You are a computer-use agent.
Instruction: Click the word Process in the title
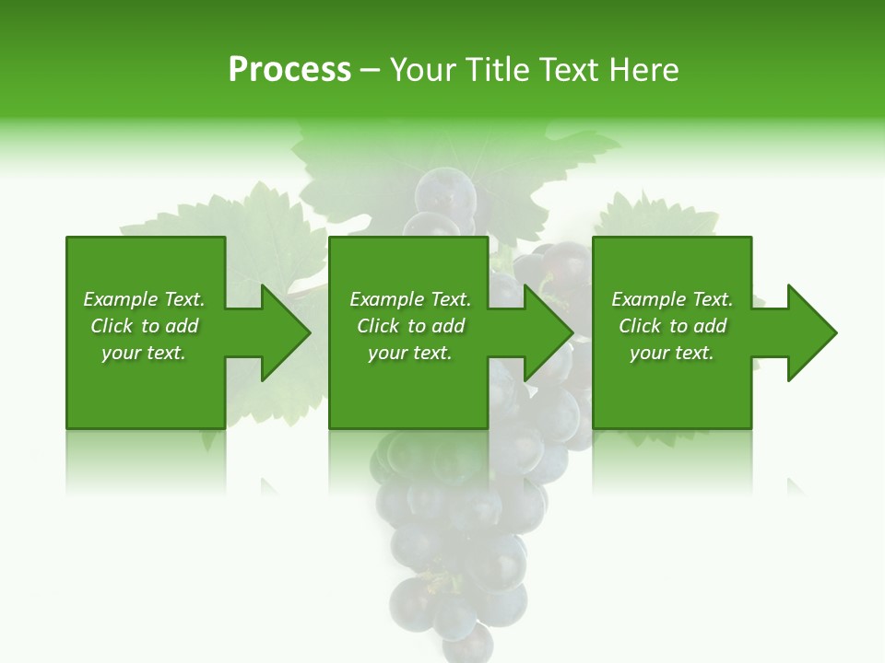click(x=289, y=70)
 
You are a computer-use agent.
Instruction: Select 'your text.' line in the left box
click(x=144, y=353)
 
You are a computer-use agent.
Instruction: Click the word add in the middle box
click(x=447, y=326)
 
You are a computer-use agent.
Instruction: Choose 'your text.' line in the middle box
click(x=410, y=353)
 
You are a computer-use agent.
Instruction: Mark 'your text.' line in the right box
click(x=672, y=353)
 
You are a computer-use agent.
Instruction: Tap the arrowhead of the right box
click(x=810, y=332)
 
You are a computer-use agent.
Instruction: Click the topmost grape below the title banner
click(x=444, y=192)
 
